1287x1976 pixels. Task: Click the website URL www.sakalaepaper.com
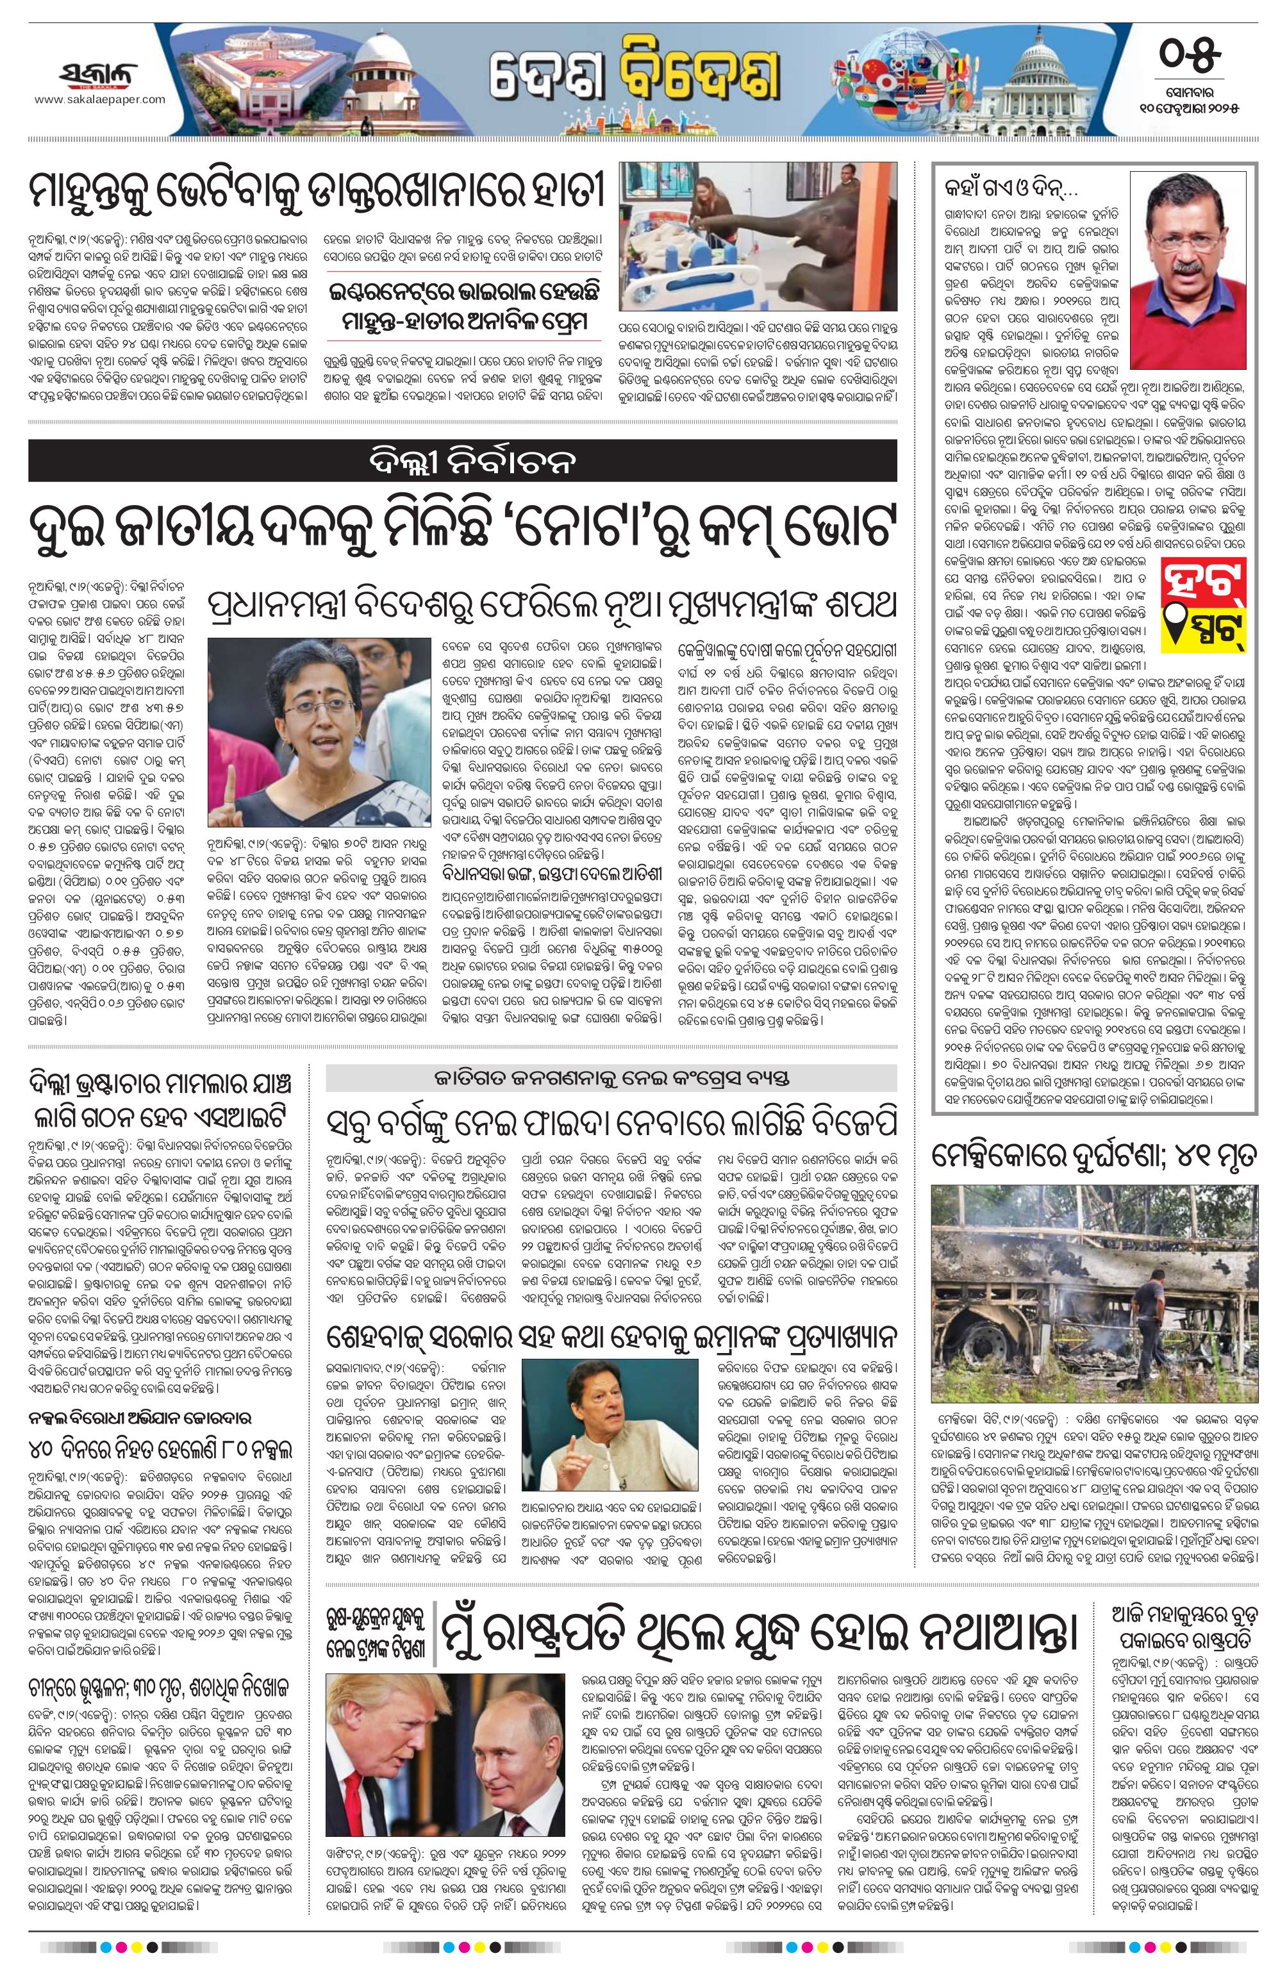(99, 99)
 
